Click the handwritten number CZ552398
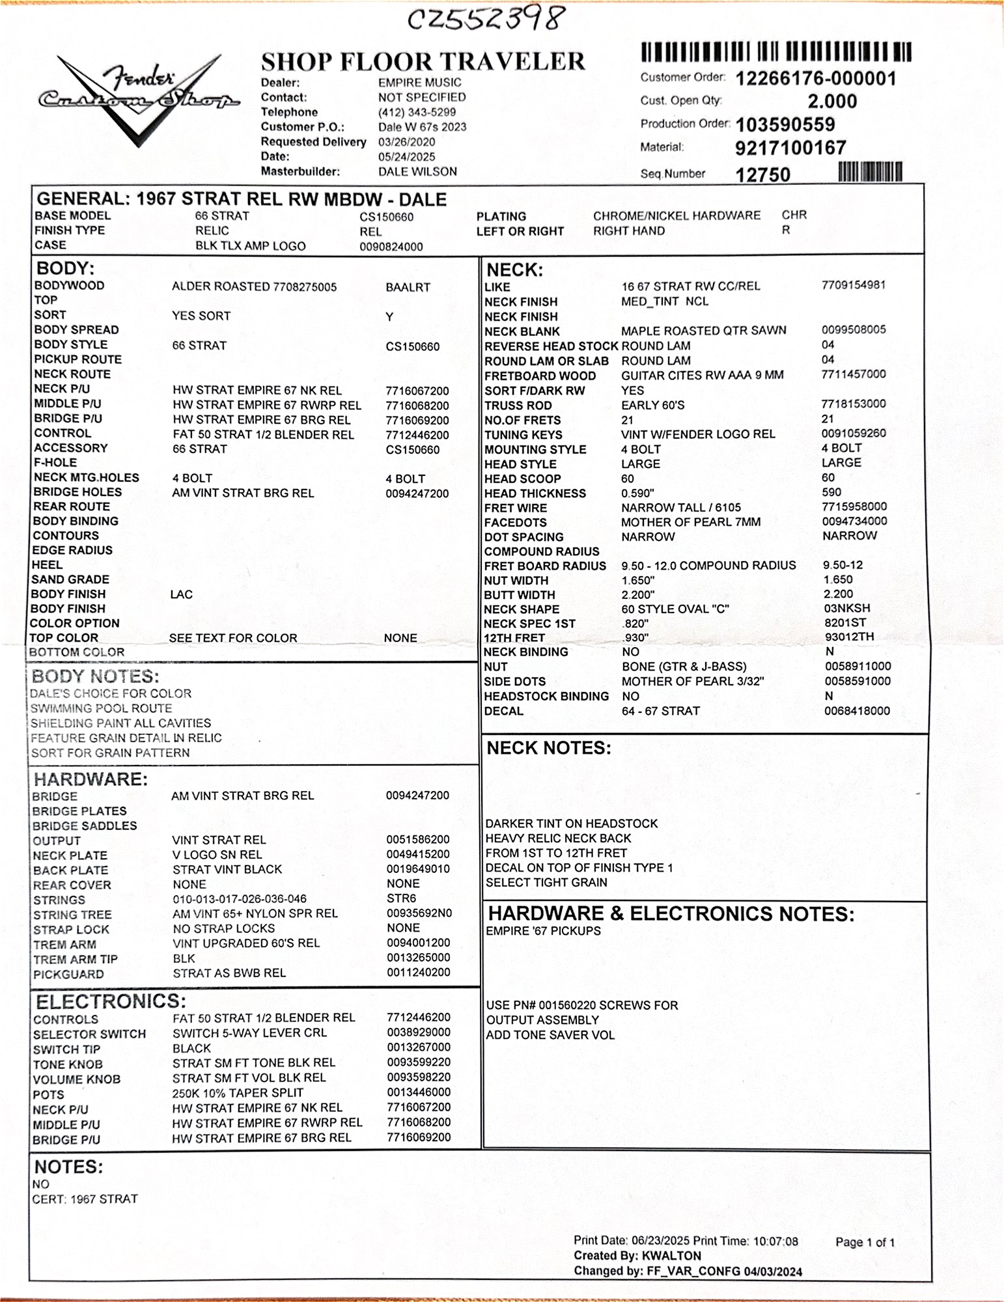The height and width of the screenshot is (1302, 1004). tap(484, 20)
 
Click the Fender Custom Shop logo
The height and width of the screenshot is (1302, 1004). tap(139, 98)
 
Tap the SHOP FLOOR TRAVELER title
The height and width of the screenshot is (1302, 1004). tap(423, 61)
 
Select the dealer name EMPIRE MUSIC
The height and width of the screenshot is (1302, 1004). tap(419, 83)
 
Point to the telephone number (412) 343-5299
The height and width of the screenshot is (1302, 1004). tap(417, 112)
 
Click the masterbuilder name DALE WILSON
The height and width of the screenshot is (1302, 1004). tap(417, 172)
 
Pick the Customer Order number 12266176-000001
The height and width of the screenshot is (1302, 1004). tap(816, 79)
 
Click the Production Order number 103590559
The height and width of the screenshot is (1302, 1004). tap(785, 124)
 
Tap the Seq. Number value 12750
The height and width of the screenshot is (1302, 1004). tap(763, 174)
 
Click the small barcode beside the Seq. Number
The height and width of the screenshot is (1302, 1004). tap(870, 172)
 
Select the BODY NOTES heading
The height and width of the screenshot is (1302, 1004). tap(95, 676)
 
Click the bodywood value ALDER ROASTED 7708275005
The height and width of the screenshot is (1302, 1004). tap(254, 286)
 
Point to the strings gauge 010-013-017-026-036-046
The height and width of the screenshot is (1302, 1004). tap(239, 899)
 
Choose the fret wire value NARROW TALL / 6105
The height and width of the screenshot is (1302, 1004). tap(680, 508)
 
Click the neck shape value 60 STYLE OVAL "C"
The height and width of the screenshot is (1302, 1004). tap(675, 609)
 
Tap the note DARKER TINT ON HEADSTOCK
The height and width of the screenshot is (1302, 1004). tap(571, 824)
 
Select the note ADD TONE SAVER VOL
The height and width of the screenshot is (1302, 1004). tap(550, 1035)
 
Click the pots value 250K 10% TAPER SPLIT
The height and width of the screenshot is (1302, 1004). tap(238, 1093)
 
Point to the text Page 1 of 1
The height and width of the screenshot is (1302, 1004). tap(865, 1242)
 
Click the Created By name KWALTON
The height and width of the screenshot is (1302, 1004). tap(671, 1256)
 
